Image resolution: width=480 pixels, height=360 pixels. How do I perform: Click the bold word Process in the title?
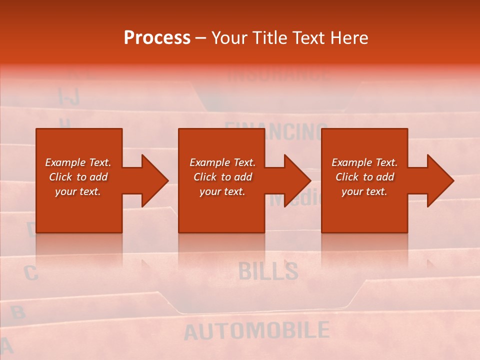click(x=157, y=38)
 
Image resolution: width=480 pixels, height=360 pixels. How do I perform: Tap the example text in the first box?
click(x=78, y=177)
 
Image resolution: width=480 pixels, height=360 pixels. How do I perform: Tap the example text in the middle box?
click(x=222, y=177)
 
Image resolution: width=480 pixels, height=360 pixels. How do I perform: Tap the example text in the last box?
click(x=364, y=177)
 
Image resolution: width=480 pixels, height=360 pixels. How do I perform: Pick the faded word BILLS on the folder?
click(x=268, y=270)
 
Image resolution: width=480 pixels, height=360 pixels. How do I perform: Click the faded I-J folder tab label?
click(x=68, y=96)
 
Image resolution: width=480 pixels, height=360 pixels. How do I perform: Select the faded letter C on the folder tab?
click(x=31, y=273)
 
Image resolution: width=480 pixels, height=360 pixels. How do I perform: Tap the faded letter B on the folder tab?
click(x=18, y=312)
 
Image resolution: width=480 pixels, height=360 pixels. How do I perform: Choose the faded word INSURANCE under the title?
click(x=278, y=75)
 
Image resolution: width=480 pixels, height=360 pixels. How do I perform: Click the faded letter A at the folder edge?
click(x=5, y=345)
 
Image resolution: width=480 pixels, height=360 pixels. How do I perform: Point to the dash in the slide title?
click(x=200, y=38)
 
